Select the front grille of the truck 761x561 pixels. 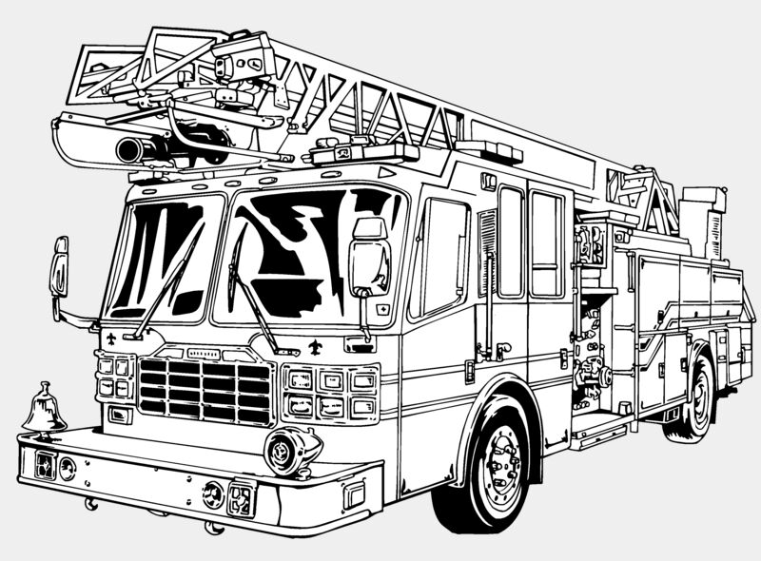[x=205, y=387]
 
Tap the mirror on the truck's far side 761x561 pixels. [x=59, y=266]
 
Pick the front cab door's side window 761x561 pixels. [x=439, y=257]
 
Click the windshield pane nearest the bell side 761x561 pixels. [x=162, y=257]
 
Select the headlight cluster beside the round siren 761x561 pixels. [x=330, y=393]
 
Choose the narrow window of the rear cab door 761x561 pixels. [x=510, y=242]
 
